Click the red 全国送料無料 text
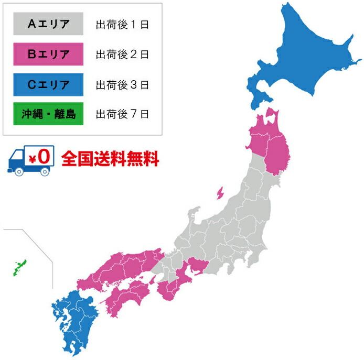tap(110, 158)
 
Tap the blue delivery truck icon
tap(30, 160)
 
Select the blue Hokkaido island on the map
tap(304, 58)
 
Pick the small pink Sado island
tap(219, 193)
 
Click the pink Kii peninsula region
tap(173, 291)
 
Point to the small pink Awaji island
tap(153, 279)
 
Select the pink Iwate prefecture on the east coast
tap(277, 152)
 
